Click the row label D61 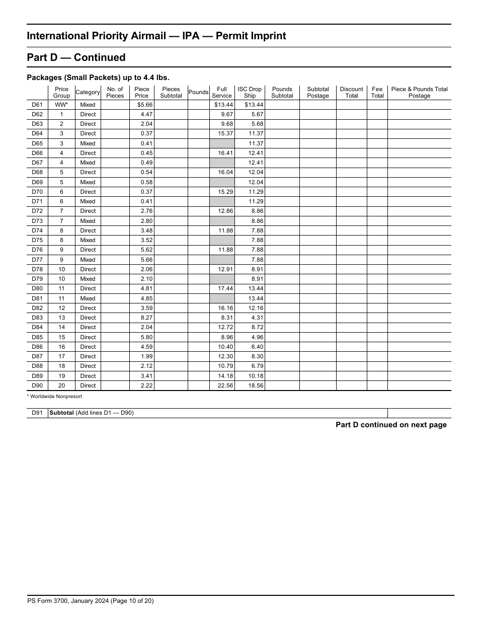tap(37, 105)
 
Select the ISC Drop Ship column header tap(250, 93)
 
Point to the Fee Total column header tap(377, 93)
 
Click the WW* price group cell tap(61, 105)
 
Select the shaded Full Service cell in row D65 tap(222, 143)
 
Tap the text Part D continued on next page tap(391, 425)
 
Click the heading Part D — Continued tap(76, 57)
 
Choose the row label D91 tap(37, 413)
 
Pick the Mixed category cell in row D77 tap(88, 260)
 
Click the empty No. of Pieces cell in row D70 tap(115, 192)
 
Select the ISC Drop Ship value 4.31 tap(257, 318)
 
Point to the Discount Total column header tap(351, 93)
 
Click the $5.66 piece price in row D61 tap(145, 105)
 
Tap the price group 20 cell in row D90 tap(61, 385)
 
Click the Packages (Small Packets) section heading tap(98, 78)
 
